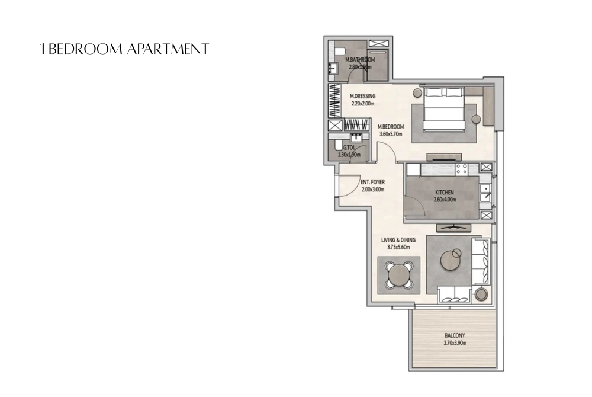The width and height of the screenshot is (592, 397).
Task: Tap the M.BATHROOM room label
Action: click(360, 60)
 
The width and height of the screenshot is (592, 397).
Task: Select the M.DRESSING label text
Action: click(362, 97)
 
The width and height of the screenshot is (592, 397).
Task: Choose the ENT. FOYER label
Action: click(373, 183)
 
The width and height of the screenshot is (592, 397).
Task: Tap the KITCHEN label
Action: click(444, 193)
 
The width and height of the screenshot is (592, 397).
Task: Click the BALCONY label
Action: click(455, 335)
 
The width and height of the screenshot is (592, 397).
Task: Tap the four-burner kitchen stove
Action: click(461, 168)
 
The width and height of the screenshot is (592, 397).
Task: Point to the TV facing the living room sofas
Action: click(453, 228)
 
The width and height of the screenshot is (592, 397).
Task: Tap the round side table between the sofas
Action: click(481, 294)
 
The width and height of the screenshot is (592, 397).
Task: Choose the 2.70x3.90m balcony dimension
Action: click(455, 342)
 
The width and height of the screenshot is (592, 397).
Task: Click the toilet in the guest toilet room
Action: click(334, 148)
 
